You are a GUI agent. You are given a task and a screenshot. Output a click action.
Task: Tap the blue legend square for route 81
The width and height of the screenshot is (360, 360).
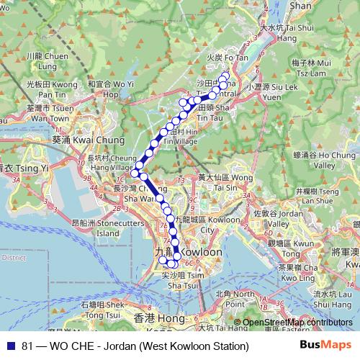click(x=9, y=346)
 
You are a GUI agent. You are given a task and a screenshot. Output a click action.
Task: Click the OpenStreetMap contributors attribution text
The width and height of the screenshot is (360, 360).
click(x=297, y=323)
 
